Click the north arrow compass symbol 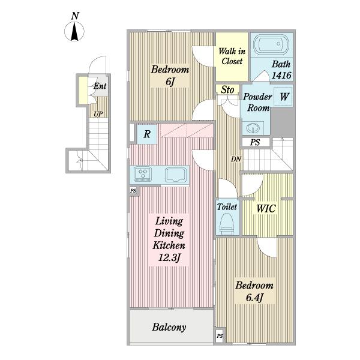[74, 31]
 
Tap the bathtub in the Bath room [271, 44]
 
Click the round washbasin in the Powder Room [253, 128]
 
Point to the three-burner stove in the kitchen [143, 173]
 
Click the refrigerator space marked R [147, 134]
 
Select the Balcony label [169, 328]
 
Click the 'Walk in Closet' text [232, 56]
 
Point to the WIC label [266, 209]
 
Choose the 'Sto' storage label [227, 90]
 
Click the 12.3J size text [169, 257]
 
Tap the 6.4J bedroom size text [254, 298]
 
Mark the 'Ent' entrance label [100, 86]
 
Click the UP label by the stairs [98, 114]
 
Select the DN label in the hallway [236, 159]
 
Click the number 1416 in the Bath [281, 75]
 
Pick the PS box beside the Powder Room [256, 142]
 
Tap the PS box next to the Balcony [220, 336]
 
